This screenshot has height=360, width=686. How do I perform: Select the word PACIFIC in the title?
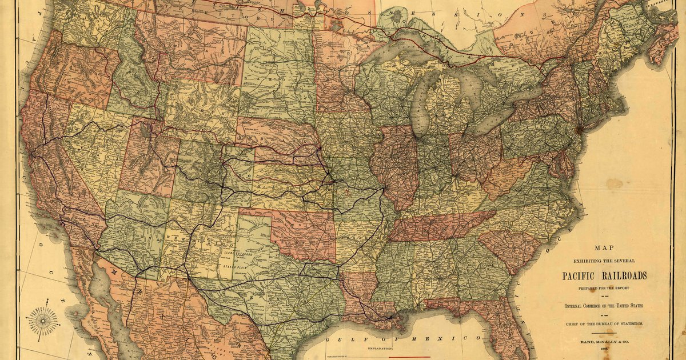(582, 276)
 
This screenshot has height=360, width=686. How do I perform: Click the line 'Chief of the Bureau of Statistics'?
(604, 324)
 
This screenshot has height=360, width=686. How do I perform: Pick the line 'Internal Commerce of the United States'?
(604, 306)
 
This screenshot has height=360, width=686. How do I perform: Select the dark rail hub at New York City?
(579, 129)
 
